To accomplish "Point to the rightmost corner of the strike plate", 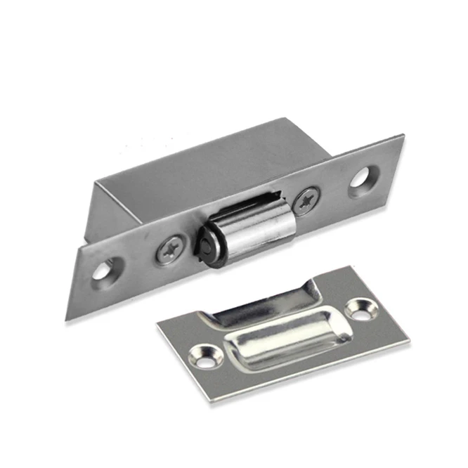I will tap(410, 342).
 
